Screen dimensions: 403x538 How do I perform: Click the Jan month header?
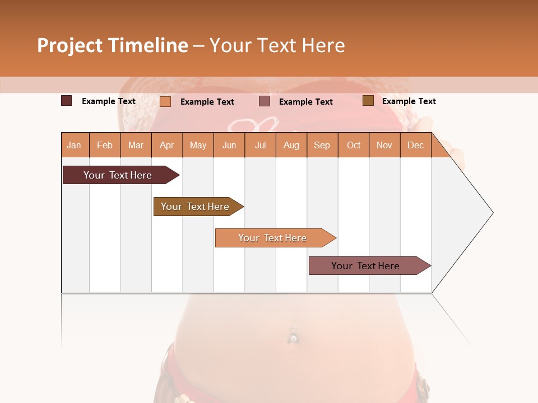[74, 145]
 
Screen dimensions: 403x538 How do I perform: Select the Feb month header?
[105, 145]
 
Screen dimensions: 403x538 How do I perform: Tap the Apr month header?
[167, 145]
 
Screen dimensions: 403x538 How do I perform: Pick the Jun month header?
[229, 145]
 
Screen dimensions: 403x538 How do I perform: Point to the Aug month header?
[291, 145]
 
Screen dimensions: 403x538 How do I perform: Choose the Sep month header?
[322, 145]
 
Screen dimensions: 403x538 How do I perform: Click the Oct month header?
[354, 145]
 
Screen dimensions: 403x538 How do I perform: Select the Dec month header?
[416, 145]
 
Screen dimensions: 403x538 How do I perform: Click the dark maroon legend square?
[67, 101]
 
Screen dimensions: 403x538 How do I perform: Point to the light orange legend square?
[165, 101]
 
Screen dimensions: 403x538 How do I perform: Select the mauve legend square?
[265, 101]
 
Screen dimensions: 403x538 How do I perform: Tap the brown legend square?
[368, 101]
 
